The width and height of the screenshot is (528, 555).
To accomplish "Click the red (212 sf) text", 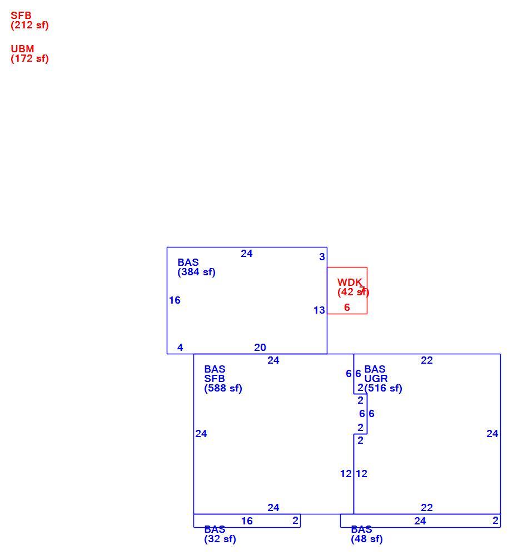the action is click(29, 26).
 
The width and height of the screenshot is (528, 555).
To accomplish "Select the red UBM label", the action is click(22, 49).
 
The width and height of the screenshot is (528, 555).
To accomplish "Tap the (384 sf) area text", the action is click(196, 272).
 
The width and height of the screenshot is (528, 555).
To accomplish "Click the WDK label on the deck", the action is click(350, 283).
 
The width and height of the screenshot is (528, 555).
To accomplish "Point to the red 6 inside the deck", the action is click(347, 307).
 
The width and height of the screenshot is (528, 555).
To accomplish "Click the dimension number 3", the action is click(322, 256).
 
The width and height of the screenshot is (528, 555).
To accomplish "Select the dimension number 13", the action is click(319, 310).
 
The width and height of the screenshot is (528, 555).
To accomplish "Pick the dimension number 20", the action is click(260, 348).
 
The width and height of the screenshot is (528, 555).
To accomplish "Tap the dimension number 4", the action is click(180, 348).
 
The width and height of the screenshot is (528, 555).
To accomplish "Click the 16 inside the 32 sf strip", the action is click(247, 521).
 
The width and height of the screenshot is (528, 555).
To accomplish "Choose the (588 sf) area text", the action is click(223, 388).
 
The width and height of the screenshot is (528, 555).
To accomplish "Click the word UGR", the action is click(376, 379).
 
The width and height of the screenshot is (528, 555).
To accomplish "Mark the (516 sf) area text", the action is click(383, 388).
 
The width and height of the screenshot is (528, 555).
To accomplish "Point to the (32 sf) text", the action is click(220, 539).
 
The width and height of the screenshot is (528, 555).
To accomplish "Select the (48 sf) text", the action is click(367, 539).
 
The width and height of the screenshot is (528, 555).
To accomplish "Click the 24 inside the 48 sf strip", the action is click(420, 521).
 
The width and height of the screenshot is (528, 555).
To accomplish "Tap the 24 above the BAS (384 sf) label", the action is click(247, 254).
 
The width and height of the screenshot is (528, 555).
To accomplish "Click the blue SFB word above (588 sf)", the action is click(215, 379).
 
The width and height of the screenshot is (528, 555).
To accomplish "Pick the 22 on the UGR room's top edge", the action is click(427, 360).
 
